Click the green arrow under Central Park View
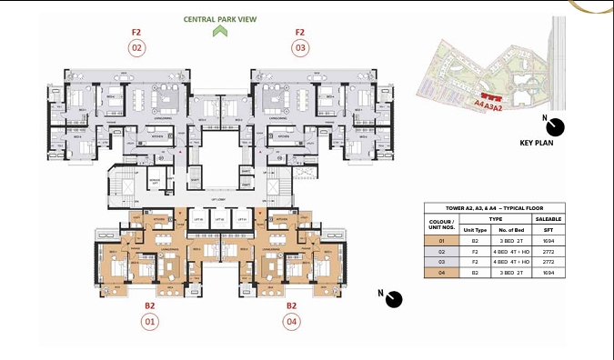click(x=218, y=32)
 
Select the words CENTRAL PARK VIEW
click(x=218, y=17)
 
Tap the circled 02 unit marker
click(x=136, y=47)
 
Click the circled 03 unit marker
click(x=300, y=47)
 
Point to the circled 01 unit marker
click(x=150, y=321)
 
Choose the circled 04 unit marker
click(x=291, y=321)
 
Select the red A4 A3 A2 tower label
click(x=488, y=105)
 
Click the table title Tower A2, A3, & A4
click(x=494, y=208)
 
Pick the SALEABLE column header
click(x=547, y=218)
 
